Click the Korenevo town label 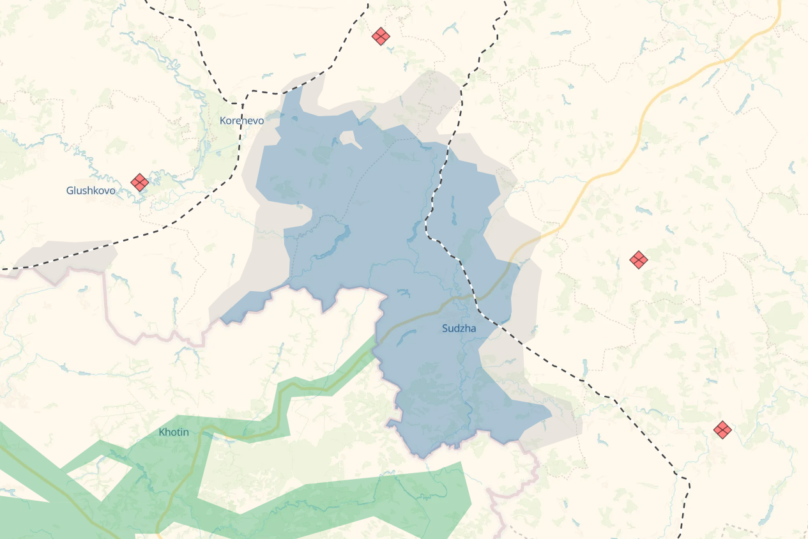[x=241, y=120]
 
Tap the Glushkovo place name [x=91, y=190]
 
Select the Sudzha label [x=459, y=328]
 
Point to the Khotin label [x=174, y=432]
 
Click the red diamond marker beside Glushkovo [x=139, y=182]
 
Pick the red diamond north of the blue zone [x=381, y=36]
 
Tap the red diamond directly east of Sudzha [x=639, y=259]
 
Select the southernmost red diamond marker [x=722, y=429]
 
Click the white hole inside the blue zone [x=349, y=138]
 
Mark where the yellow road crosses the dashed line [x=474, y=297]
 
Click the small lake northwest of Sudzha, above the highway [x=403, y=293]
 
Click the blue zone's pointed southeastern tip [x=551, y=413]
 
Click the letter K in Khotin [x=162, y=432]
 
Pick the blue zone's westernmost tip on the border [x=222, y=319]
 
